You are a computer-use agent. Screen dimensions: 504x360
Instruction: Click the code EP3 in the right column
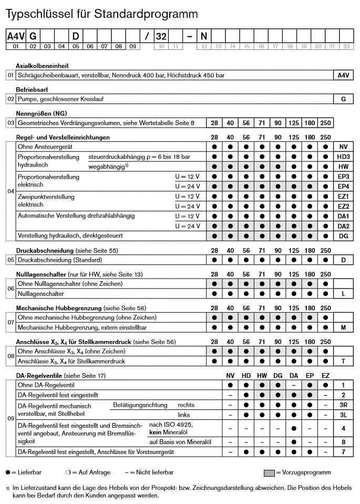coord(343,177)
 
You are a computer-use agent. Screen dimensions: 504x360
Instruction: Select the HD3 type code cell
coord(343,157)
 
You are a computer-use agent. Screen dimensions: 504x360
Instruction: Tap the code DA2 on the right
coord(343,226)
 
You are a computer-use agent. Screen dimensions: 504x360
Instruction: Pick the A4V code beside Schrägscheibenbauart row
coord(343,75)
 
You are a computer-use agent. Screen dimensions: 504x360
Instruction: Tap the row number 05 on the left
coord(11,260)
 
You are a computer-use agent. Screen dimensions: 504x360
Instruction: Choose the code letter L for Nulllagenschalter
coord(343,294)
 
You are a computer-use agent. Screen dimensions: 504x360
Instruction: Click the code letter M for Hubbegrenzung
coord(343,327)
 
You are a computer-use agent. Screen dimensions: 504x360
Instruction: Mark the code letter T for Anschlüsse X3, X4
coord(343,361)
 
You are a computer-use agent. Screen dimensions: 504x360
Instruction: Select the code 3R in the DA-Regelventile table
coord(343,405)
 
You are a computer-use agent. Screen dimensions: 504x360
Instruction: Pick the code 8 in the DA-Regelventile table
coord(343,442)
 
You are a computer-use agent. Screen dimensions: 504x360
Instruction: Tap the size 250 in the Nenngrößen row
coord(326,123)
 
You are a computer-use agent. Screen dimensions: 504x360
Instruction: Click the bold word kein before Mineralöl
coord(156,431)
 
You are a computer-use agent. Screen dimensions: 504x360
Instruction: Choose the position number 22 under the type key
coord(345,46)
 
